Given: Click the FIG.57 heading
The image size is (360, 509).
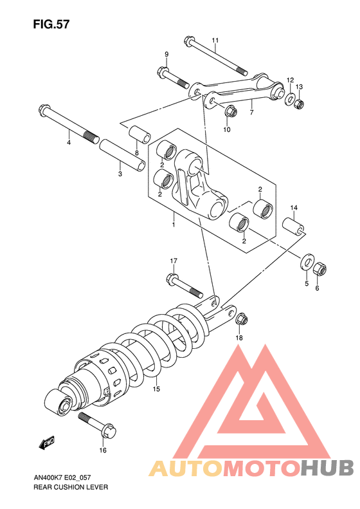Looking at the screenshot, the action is [51, 24].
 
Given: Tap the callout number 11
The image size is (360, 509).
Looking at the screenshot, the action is [215, 41].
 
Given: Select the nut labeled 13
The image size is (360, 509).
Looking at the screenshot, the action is [300, 104].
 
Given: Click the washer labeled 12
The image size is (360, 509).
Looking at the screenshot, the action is [290, 98].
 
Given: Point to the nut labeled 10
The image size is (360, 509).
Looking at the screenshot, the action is [231, 112].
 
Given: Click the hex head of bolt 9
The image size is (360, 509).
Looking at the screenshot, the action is [163, 71].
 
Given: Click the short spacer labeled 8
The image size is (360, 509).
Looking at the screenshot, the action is [139, 134].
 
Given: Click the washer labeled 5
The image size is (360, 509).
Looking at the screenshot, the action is [307, 262].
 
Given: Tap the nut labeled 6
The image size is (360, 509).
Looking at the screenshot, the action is [319, 269].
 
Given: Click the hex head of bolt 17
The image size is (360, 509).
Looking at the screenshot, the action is [172, 278].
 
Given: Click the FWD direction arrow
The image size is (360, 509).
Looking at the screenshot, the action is [47, 443].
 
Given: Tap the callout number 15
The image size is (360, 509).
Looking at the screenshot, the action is [156, 389].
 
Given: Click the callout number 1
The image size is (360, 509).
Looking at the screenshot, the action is [174, 225].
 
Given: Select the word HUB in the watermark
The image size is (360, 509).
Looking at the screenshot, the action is [326, 468].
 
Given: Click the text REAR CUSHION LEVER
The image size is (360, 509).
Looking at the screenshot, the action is [71, 487].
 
